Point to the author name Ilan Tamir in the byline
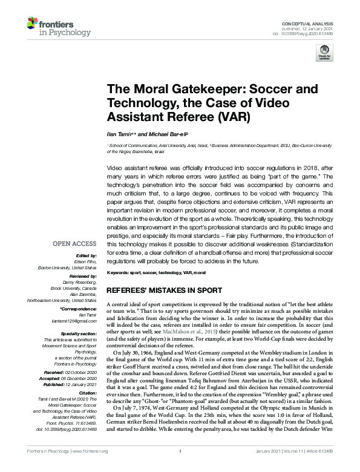(117, 133)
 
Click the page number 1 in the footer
(180, 467)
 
